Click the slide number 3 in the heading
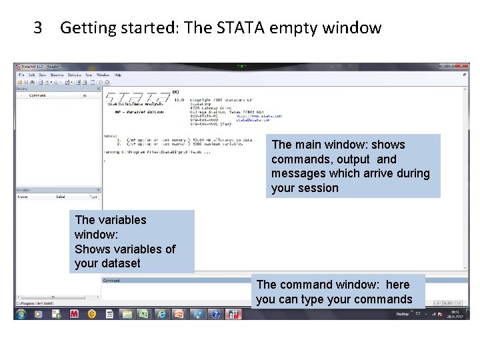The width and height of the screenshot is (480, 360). pyautogui.click(x=38, y=28)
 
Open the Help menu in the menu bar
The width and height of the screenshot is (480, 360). pyautogui.click(x=118, y=75)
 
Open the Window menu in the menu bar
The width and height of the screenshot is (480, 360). pyautogui.click(x=103, y=75)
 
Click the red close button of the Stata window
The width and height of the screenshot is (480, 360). pyautogui.click(x=459, y=67)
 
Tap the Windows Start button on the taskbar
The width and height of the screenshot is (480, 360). pyautogui.click(x=21, y=313)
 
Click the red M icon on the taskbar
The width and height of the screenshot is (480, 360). pyautogui.click(x=74, y=313)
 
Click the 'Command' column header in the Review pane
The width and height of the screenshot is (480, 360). pyautogui.click(x=37, y=95)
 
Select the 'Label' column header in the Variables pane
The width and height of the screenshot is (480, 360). pyautogui.click(x=60, y=197)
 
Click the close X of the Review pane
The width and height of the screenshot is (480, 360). pyautogui.click(x=98, y=88)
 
